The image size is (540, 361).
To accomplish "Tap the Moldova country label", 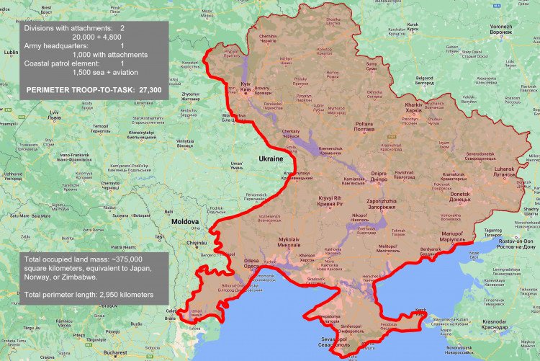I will [x=184, y=223].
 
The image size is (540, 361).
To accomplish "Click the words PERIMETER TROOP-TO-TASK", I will [x=77, y=89].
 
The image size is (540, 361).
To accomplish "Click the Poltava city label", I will [x=365, y=127].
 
